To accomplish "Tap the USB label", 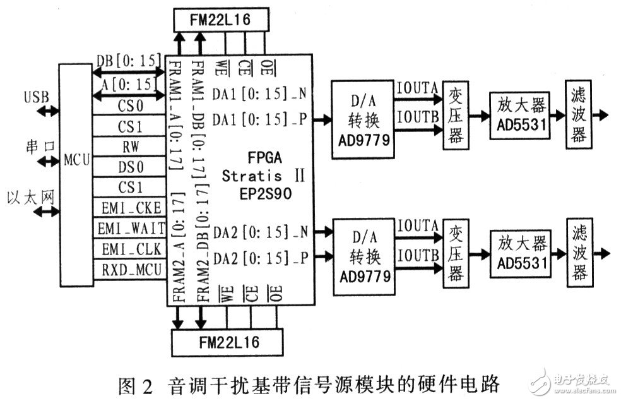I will (x=35, y=99).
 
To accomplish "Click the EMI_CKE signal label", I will (x=129, y=206).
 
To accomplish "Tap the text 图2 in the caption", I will (x=134, y=384).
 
